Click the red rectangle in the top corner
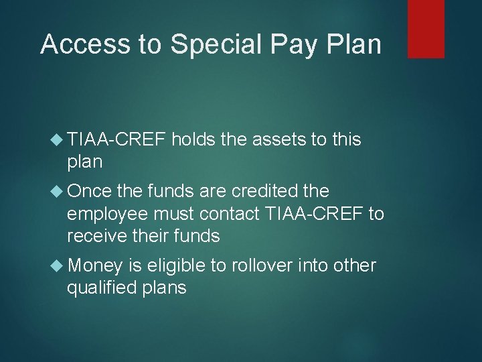pyautogui.click(x=426, y=29)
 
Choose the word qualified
pyautogui.click(x=102, y=288)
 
